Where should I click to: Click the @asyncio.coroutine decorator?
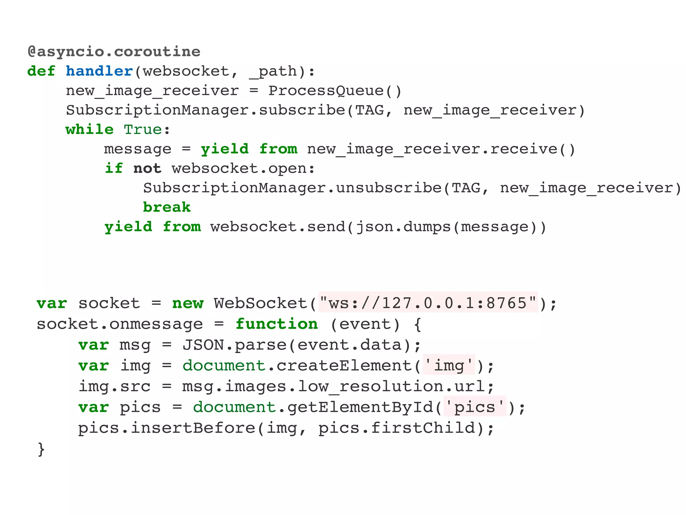tap(114, 52)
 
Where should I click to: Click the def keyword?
tap(41, 71)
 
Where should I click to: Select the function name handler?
tap(99, 71)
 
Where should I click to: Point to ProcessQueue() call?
tap(335, 91)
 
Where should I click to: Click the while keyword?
tap(89, 130)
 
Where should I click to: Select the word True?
tap(143, 130)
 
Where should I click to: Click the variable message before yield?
tap(138, 149)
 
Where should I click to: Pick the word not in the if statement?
tap(147, 169)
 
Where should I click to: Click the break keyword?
tap(166, 208)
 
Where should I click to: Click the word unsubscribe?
tap(389, 188)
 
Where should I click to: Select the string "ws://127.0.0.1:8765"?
tap(428, 303)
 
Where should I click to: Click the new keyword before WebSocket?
tap(188, 303)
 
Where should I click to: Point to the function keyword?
tap(277, 324)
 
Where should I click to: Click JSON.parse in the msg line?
tap(234, 345)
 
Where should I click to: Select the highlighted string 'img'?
tap(449, 365)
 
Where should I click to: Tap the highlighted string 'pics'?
tap(475, 407)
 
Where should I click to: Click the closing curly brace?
tap(41, 449)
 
